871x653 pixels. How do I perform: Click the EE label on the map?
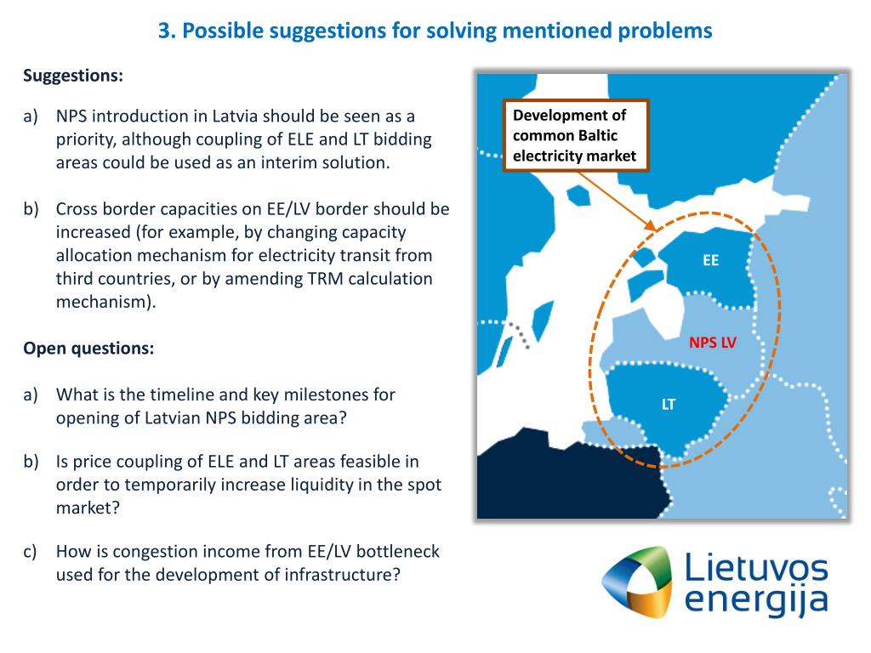point(710,261)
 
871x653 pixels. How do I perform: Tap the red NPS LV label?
point(713,343)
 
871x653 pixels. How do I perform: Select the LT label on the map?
point(669,404)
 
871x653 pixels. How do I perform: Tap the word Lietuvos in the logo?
point(755,566)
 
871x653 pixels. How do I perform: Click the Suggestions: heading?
point(73,76)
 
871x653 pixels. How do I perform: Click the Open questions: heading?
point(88,349)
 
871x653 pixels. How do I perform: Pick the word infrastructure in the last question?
point(333,574)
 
